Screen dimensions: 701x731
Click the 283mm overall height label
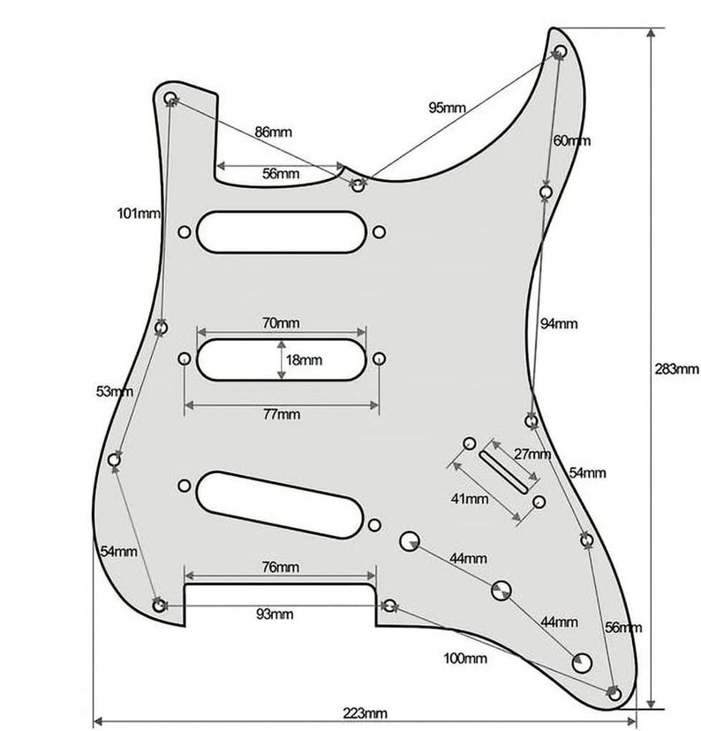coord(676,369)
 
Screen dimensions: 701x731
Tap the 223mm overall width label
coord(365,713)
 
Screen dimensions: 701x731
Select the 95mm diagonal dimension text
coord(447,108)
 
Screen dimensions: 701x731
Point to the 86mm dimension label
coord(273,132)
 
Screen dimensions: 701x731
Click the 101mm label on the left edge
coord(139,214)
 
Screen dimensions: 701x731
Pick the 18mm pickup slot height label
coord(304,360)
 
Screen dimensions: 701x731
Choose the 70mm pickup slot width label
coord(281,322)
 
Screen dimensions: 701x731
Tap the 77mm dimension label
coord(282,414)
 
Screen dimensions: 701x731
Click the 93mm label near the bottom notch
coord(275,614)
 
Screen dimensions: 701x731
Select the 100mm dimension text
coord(465,659)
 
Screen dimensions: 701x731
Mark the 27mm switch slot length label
coord(532,454)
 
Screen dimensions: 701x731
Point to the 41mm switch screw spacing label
coord(470,499)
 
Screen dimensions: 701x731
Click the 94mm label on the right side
coord(559,323)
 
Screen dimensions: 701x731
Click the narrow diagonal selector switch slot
coord(504,471)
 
